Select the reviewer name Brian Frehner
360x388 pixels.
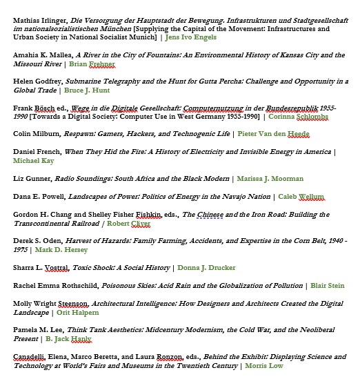[92, 64]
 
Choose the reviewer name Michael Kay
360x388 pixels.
[32, 160]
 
